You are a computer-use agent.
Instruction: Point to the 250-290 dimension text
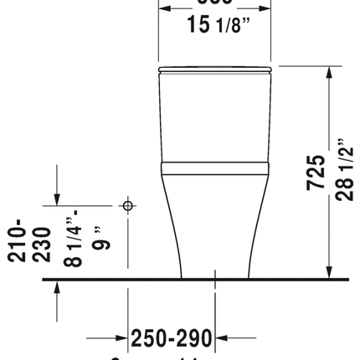point(172,338)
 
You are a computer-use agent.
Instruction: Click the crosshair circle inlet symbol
point(128,204)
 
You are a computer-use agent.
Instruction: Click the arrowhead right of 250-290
point(221,338)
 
